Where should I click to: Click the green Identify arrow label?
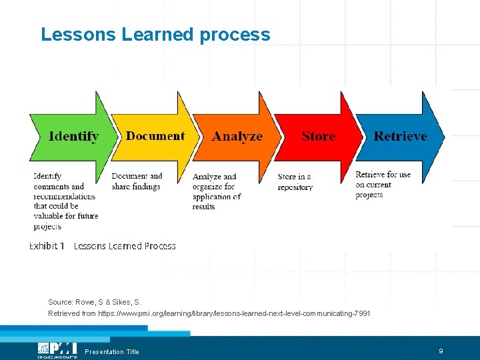[73, 137]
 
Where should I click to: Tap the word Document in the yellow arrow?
[155, 136]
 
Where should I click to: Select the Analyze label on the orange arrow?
[237, 137]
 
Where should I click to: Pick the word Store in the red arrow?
[318, 136]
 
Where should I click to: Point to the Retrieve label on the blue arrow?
[400, 136]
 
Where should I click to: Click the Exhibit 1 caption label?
[47, 246]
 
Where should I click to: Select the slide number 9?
[441, 351]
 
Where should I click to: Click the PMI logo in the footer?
[57, 349]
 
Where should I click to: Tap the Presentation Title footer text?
[112, 352]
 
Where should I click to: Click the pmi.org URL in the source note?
[234, 313]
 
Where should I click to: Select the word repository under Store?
[295, 187]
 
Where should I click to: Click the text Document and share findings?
[137, 181]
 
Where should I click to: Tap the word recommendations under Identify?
[65, 196]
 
